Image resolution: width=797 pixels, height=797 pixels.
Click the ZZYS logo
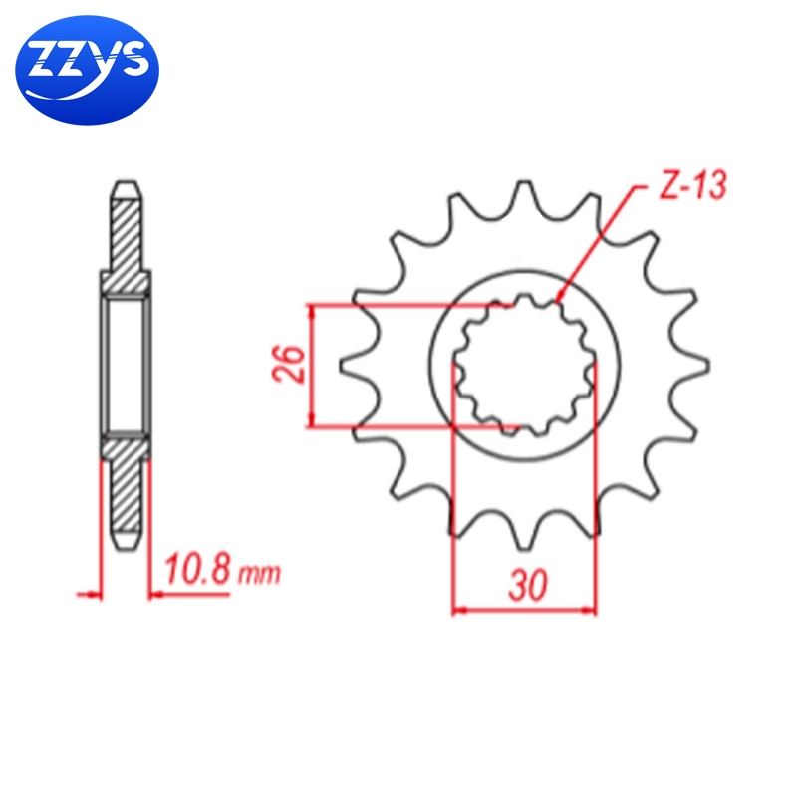pos(87,70)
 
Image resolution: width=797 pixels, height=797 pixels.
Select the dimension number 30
pos(528,586)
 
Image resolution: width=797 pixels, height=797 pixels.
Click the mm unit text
pos(259,574)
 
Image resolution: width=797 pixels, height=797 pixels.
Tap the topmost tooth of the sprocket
pos(524,195)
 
